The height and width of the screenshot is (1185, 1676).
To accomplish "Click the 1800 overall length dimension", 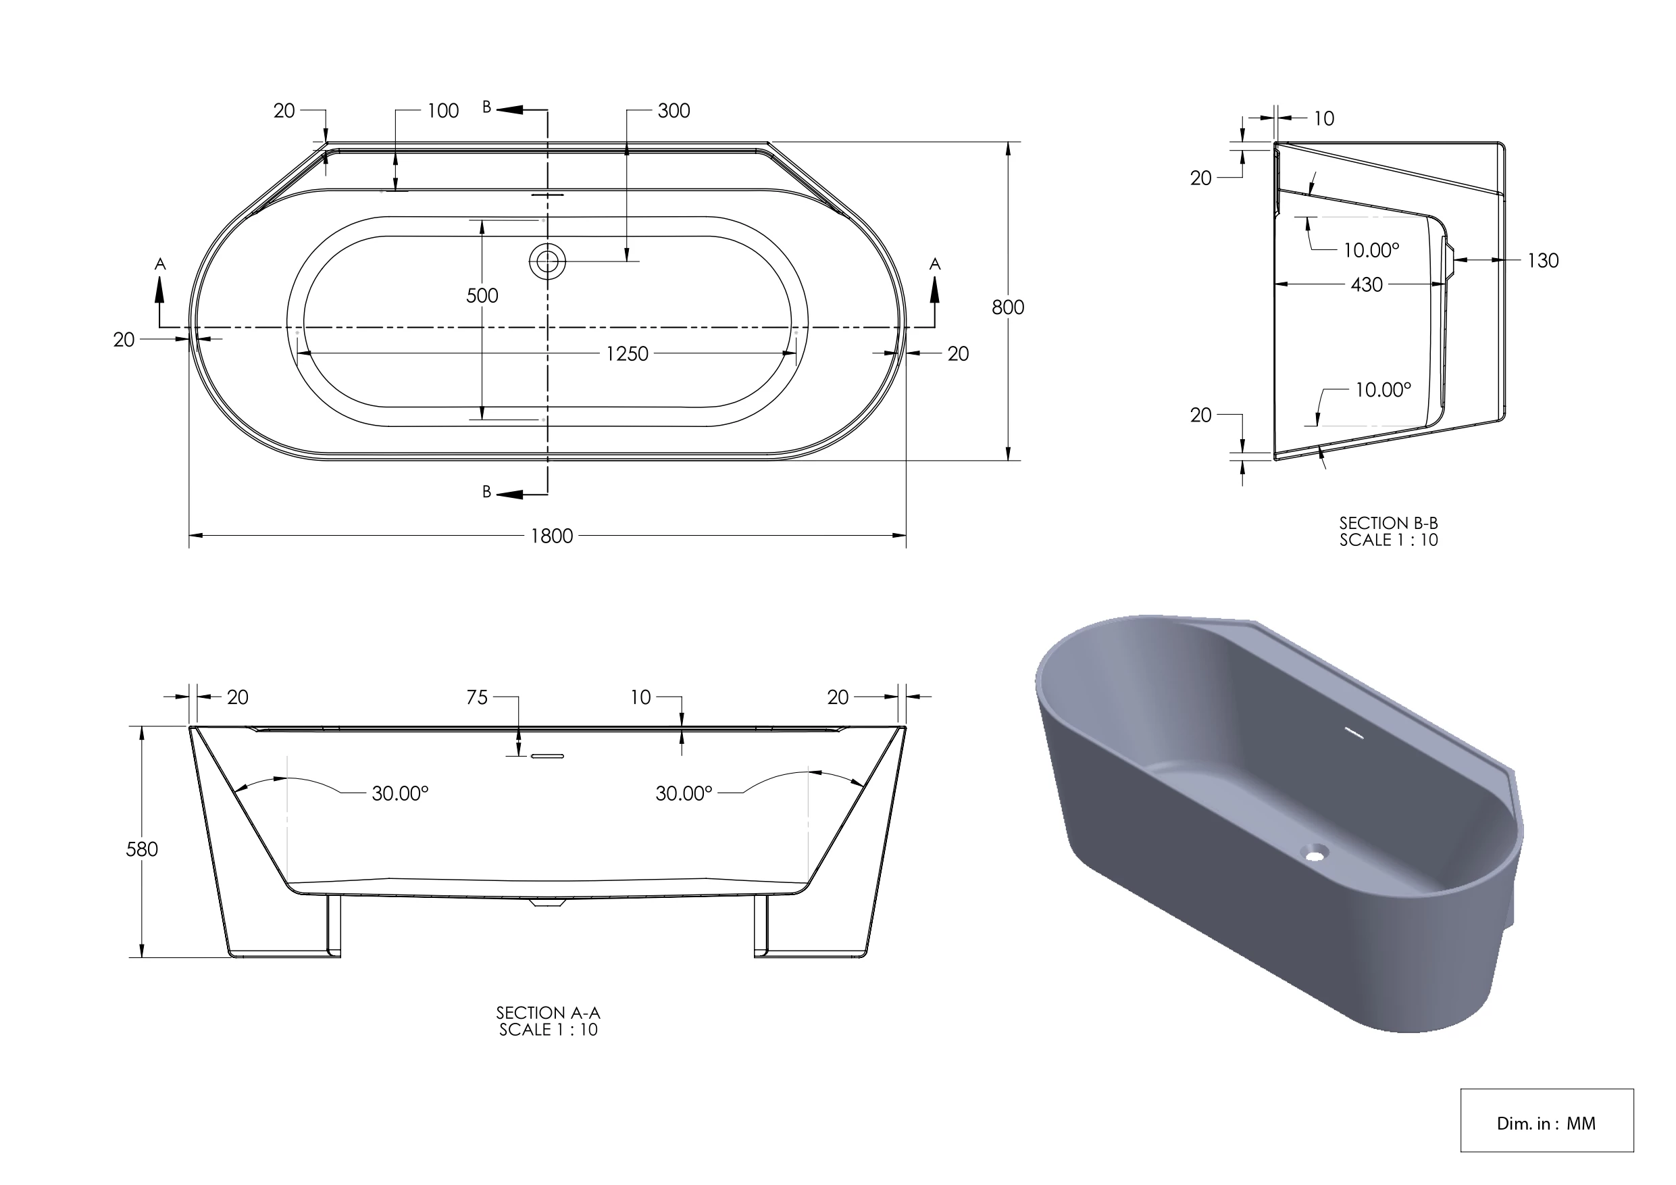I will click(x=551, y=536).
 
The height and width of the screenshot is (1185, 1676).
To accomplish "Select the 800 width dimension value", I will click(x=1007, y=307).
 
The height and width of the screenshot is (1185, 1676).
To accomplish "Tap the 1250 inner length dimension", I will click(x=627, y=354).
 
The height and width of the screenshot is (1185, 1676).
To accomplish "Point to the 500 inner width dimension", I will click(x=482, y=296).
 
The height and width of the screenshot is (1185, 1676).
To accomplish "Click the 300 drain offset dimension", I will click(x=673, y=111).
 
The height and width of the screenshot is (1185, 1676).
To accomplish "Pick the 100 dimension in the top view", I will click(x=442, y=111).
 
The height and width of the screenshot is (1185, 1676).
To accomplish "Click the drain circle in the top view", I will click(x=547, y=261).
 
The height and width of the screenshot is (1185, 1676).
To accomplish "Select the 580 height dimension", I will click(x=142, y=849).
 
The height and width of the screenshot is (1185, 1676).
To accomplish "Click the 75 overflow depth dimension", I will click(x=477, y=697).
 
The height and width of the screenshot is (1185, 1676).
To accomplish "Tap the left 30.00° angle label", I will click(x=400, y=794).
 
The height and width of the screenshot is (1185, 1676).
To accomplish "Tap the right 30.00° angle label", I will click(x=683, y=794).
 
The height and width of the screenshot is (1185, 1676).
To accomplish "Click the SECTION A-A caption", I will click(x=549, y=1021).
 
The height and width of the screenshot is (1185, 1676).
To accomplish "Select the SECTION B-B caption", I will click(x=1388, y=532).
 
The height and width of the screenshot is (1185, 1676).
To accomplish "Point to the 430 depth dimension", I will click(x=1367, y=284).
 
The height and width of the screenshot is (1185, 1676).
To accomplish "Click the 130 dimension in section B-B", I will click(x=1542, y=261).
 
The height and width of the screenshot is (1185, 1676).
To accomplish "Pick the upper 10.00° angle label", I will click(x=1371, y=251).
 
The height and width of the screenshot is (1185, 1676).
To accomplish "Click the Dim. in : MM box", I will click(x=1546, y=1123).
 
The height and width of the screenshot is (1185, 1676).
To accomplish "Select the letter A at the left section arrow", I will click(x=161, y=264).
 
